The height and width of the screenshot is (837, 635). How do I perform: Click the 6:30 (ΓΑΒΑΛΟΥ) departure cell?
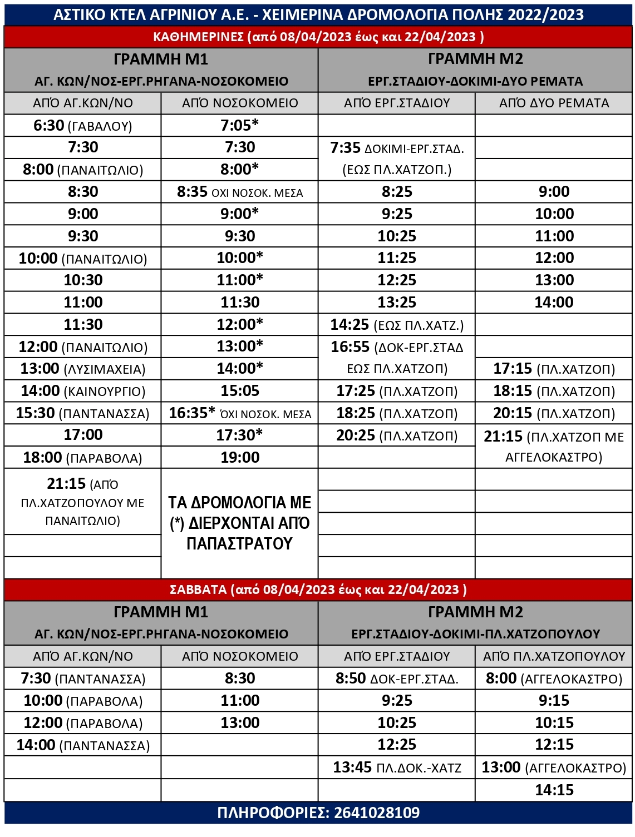click(83, 126)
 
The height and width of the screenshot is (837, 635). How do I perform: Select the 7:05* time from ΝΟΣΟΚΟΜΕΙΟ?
click(240, 126)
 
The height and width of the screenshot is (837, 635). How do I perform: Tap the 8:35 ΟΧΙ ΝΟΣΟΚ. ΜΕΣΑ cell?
click(240, 192)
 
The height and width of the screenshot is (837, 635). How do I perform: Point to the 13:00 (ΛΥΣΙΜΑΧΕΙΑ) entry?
click(83, 369)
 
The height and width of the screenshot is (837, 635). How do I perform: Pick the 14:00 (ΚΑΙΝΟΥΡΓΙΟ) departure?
click(83, 391)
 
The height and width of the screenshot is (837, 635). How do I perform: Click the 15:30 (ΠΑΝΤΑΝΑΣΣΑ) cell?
click(83, 413)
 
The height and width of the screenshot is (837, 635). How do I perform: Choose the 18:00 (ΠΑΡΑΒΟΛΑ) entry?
click(83, 458)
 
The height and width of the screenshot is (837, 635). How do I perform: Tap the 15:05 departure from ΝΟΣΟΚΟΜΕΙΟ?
click(240, 391)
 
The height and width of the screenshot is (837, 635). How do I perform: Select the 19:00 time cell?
click(240, 458)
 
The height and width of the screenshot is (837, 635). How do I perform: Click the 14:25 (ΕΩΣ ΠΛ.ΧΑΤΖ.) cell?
click(397, 325)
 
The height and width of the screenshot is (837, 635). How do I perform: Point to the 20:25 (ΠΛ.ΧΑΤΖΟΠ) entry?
click(397, 435)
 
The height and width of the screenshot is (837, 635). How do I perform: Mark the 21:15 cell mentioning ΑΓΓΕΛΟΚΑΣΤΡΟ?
click(554, 447)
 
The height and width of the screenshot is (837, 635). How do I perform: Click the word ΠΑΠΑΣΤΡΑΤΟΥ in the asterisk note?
click(240, 543)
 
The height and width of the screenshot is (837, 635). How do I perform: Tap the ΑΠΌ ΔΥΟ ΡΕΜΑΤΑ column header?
click(554, 103)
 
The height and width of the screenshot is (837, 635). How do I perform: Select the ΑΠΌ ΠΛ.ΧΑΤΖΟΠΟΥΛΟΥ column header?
click(554, 656)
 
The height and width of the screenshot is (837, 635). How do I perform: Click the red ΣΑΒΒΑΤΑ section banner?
click(318, 590)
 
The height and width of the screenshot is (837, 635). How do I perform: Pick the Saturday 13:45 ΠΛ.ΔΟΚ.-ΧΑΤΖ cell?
click(397, 767)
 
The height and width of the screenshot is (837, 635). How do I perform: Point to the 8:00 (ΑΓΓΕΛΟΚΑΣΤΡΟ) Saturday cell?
click(554, 678)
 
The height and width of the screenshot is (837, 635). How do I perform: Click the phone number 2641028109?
click(377, 813)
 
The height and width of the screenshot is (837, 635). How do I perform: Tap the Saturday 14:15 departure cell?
click(554, 790)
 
